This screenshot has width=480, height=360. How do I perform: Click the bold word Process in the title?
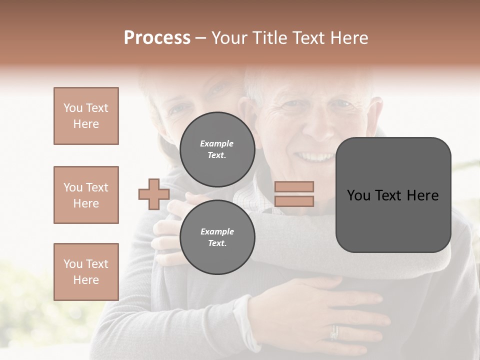[x=157, y=38]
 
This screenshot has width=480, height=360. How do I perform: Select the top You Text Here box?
[x=86, y=116]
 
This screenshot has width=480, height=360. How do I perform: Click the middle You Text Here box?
[x=86, y=195]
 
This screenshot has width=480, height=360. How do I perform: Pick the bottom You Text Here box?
[x=86, y=271]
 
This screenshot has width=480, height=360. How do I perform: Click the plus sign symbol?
[x=153, y=194]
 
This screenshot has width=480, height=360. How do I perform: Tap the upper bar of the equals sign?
[x=294, y=186]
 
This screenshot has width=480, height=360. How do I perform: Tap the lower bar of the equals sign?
[x=294, y=201]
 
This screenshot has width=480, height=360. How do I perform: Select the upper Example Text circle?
[x=217, y=149]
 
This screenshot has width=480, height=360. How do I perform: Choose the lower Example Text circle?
[x=217, y=237]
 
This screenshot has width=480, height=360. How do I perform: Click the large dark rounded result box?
[x=393, y=195]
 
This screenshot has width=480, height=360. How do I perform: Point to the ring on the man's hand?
[x=334, y=332]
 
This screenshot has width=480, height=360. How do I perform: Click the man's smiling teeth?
[x=313, y=157]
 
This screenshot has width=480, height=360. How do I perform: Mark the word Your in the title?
[x=228, y=38]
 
